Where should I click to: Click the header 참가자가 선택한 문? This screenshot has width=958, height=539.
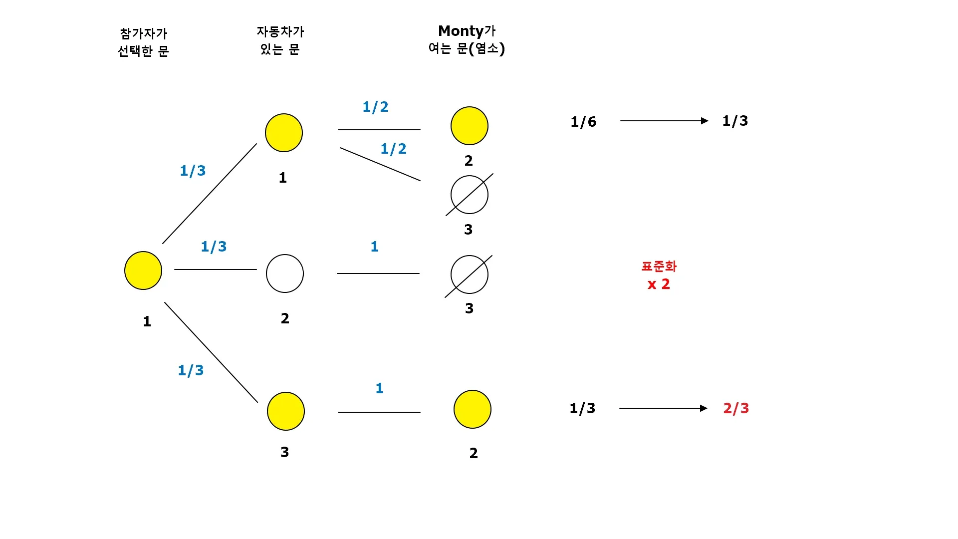tap(143, 42)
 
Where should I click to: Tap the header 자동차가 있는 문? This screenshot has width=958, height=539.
tap(280, 40)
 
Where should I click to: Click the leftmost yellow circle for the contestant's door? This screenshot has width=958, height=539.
tap(143, 270)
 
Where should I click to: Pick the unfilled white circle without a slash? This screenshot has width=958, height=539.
tap(285, 273)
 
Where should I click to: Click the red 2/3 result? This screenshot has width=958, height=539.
tap(736, 408)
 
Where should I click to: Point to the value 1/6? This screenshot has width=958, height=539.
tap(583, 122)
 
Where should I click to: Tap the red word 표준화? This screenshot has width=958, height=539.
tap(659, 267)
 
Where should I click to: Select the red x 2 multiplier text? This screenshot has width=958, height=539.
tap(659, 284)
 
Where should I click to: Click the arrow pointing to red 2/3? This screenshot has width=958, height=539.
tap(663, 408)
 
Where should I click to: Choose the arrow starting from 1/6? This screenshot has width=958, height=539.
tap(664, 121)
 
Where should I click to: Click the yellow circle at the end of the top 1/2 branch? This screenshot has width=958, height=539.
tap(470, 126)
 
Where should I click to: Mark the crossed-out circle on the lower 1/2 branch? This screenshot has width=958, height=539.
tap(470, 195)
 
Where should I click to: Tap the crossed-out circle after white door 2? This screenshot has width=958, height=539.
tap(470, 274)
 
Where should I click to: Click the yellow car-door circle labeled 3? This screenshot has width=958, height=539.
tap(286, 411)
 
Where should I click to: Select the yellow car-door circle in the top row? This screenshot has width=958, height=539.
tap(284, 133)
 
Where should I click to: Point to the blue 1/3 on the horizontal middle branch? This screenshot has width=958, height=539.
tap(214, 247)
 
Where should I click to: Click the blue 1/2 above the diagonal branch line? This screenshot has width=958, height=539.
tap(394, 149)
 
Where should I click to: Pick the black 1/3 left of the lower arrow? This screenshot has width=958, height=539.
tap(582, 408)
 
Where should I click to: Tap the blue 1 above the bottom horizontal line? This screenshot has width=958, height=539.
tap(380, 388)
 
